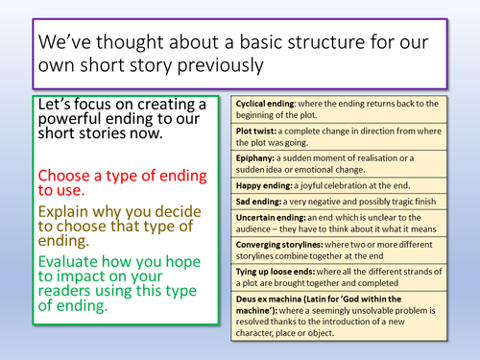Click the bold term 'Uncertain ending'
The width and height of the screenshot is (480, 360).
(x=271, y=220)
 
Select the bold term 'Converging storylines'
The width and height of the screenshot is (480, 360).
(x=281, y=248)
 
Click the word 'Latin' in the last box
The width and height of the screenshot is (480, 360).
(x=322, y=301)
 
